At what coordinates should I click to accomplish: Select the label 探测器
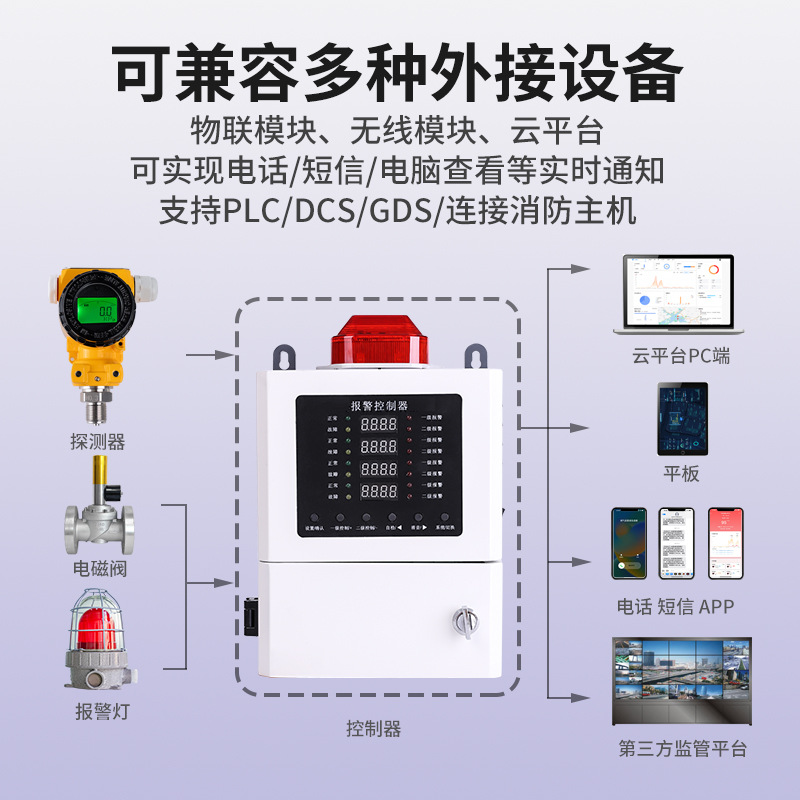pos(98,441)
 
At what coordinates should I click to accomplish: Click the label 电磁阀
pos(100,569)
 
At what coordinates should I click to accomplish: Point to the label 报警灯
pos(102,712)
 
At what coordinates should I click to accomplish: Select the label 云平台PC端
pos(680,356)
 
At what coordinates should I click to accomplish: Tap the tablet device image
pos(682,419)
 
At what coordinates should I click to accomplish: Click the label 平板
pos(681,474)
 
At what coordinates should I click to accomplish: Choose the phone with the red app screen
pos(726,544)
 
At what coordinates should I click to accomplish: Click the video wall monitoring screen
pos(681,681)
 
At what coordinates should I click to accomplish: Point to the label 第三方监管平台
pos(682,749)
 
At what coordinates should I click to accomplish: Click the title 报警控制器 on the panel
pos(378,405)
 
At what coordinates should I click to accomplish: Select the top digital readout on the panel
pos(379,424)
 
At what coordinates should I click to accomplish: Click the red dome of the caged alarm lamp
pos(98,628)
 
